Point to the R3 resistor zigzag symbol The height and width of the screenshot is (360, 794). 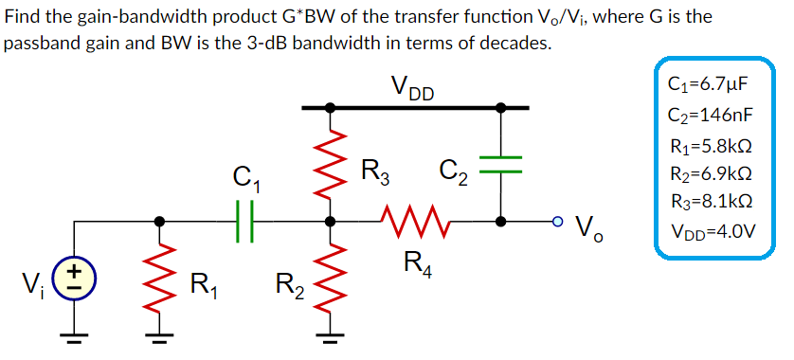coord(330,165)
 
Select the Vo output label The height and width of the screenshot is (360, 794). coord(592,227)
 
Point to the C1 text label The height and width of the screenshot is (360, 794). coord(245,178)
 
